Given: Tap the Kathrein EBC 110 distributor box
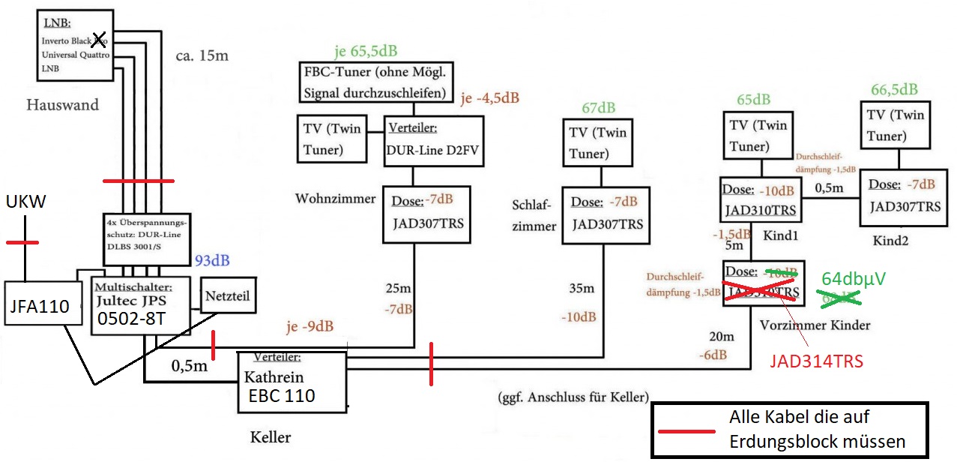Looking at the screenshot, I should point(292,382).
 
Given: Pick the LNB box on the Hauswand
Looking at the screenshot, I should point(75,45).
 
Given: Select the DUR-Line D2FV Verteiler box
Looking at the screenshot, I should point(433,139).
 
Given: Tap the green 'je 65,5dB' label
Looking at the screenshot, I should point(366,52).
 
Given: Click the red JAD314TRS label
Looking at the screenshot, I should point(816,361).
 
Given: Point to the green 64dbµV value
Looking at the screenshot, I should point(854,279).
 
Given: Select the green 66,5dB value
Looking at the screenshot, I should point(894,89).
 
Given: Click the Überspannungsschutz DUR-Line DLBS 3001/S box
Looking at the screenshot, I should point(146,239).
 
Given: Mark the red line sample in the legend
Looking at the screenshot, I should point(686,432).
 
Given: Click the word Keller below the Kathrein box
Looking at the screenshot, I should point(271,436).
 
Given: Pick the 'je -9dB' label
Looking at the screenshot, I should point(310,327).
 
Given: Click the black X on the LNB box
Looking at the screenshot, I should point(97,40).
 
